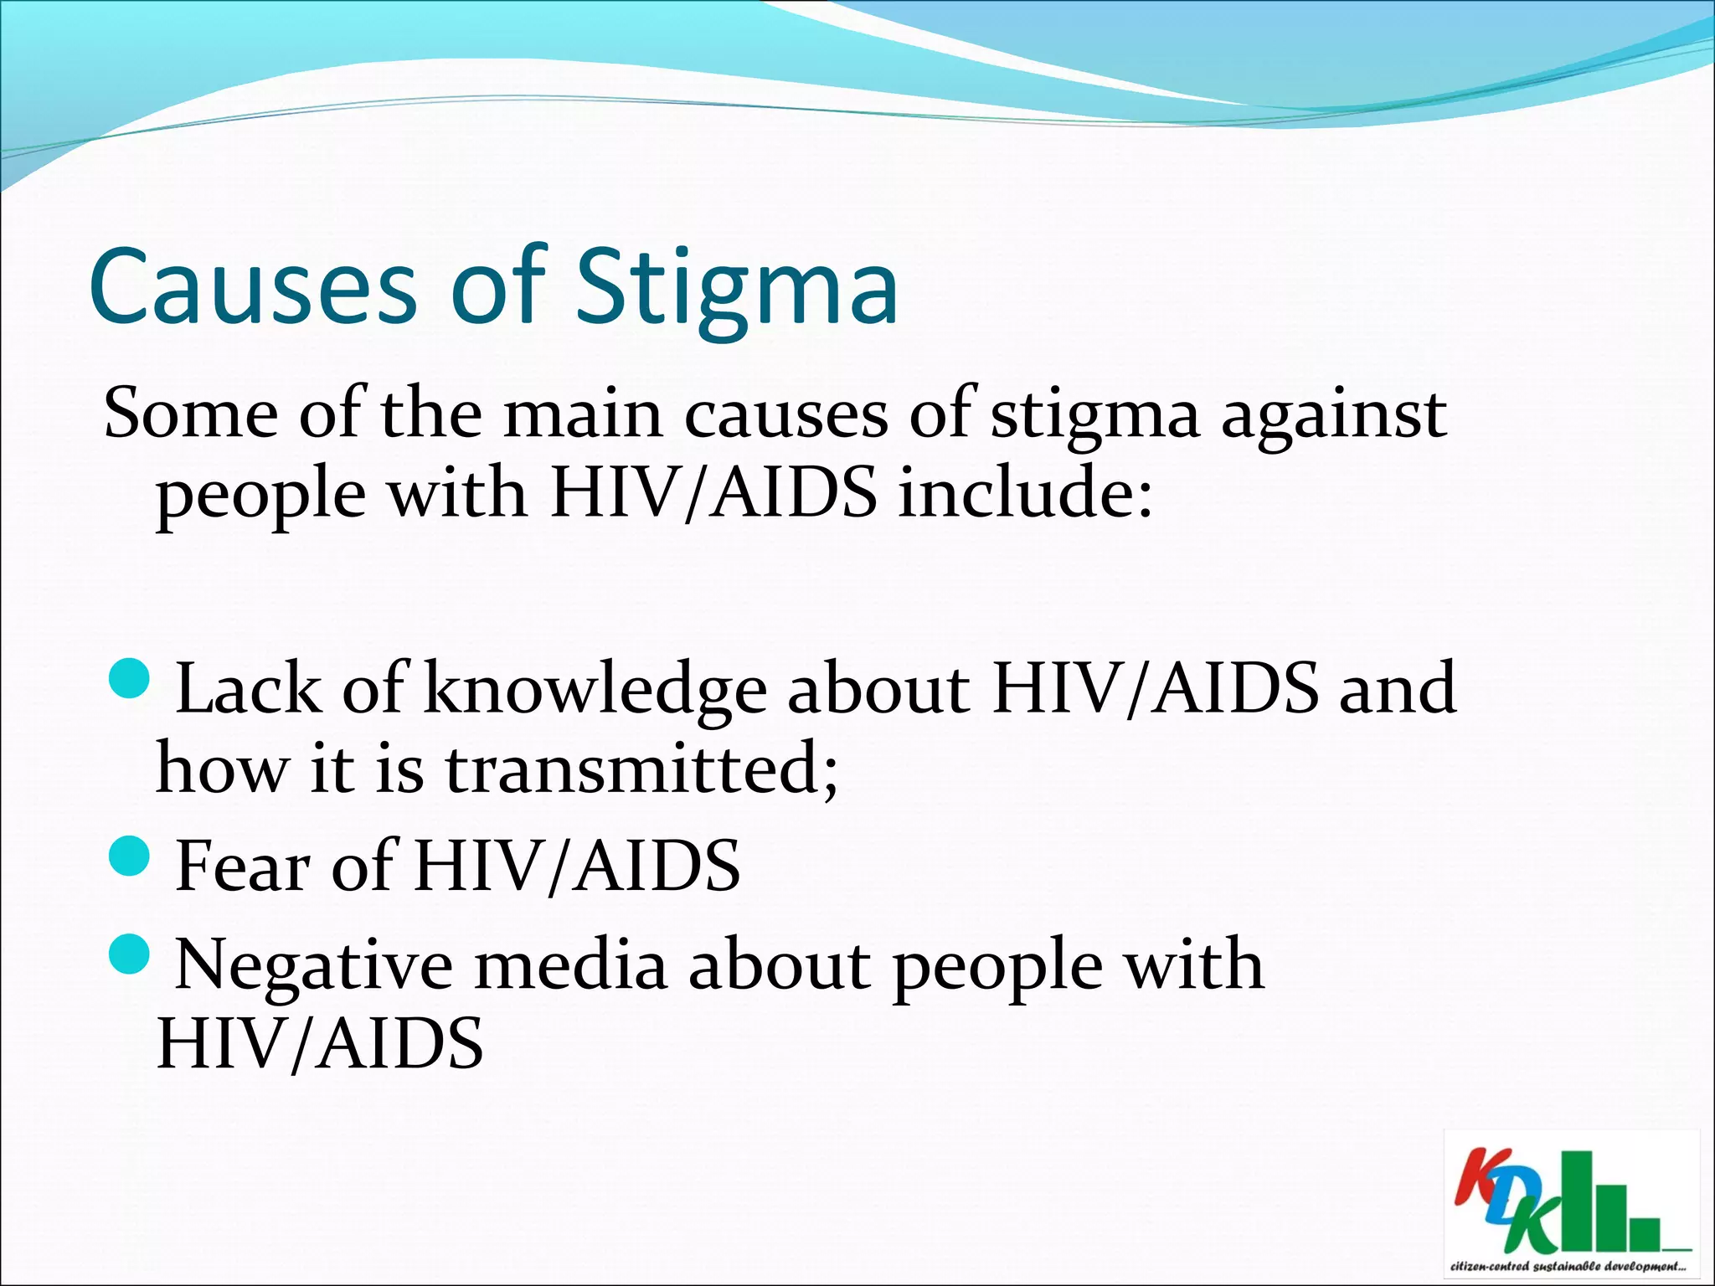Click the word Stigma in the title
click(737, 289)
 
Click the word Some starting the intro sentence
click(191, 414)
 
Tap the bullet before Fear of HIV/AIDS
click(130, 855)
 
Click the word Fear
click(244, 867)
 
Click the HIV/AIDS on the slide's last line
click(320, 1044)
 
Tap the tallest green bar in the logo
click(1578, 1200)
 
